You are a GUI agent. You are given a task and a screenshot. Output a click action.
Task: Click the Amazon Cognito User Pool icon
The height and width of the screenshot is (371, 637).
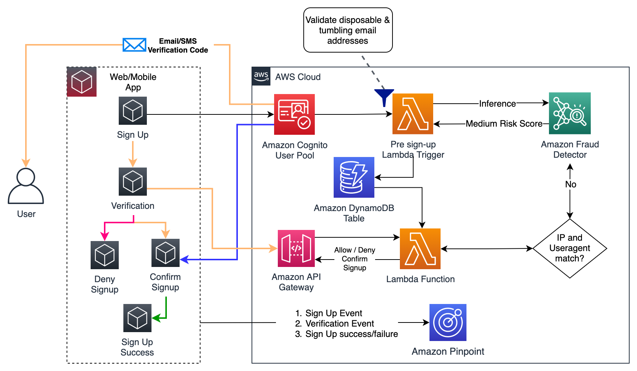pyautogui.click(x=294, y=114)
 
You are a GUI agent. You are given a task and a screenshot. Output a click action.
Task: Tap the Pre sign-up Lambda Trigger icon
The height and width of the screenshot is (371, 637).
pyautogui.click(x=412, y=114)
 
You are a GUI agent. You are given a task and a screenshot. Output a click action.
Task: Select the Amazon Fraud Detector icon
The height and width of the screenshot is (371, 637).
pyautogui.click(x=570, y=113)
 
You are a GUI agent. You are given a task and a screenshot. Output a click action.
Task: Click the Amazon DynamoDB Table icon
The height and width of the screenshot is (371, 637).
pyautogui.click(x=354, y=177)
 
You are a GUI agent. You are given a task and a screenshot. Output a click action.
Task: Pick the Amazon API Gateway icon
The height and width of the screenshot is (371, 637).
pyautogui.click(x=296, y=248)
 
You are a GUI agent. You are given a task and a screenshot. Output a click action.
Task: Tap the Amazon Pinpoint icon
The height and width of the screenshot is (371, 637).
pyautogui.click(x=448, y=322)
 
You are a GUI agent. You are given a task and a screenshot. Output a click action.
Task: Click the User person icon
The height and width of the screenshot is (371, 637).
pyautogui.click(x=26, y=186)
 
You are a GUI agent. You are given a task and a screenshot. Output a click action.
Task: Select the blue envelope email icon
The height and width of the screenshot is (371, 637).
pyautogui.click(x=134, y=45)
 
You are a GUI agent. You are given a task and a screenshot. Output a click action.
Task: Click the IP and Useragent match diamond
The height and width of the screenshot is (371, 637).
pyautogui.click(x=570, y=248)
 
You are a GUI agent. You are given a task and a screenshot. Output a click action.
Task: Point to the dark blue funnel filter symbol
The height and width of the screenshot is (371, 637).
pyautogui.click(x=384, y=96)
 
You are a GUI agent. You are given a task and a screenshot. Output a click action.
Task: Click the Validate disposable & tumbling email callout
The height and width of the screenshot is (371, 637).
pyautogui.click(x=348, y=30)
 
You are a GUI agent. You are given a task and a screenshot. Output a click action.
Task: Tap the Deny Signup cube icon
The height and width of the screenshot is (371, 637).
pyautogui.click(x=105, y=255)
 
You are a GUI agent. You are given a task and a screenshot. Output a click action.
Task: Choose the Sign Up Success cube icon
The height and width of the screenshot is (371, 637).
pyautogui.click(x=137, y=318)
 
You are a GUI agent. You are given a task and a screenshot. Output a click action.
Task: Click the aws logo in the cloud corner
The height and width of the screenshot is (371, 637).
pyautogui.click(x=261, y=76)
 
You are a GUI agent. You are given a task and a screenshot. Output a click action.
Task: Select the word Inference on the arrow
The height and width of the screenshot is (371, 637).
pyautogui.click(x=497, y=104)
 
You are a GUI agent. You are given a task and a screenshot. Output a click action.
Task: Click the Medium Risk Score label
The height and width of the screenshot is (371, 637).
pyautogui.click(x=504, y=124)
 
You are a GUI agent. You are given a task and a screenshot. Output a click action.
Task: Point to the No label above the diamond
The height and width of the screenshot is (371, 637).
pyautogui.click(x=570, y=184)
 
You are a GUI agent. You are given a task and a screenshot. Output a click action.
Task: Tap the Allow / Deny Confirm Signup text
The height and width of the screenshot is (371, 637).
pyautogui.click(x=354, y=259)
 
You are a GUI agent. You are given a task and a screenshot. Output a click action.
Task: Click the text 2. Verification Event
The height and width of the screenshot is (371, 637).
pyautogui.click(x=335, y=324)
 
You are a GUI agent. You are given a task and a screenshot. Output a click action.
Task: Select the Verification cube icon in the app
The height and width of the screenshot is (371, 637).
pyautogui.click(x=133, y=181)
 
